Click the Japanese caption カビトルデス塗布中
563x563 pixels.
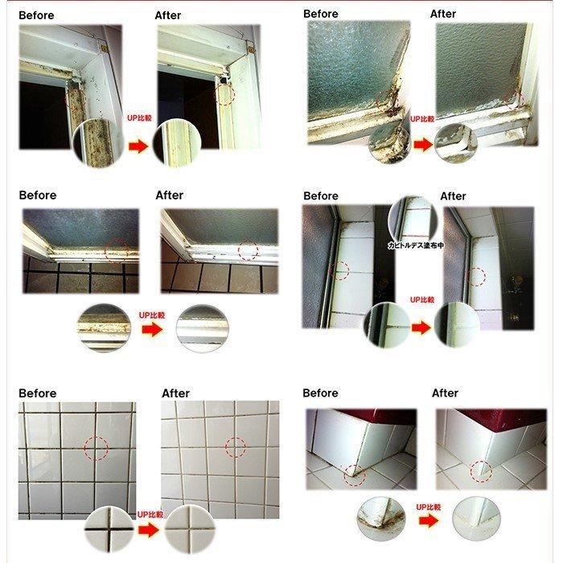[416, 245]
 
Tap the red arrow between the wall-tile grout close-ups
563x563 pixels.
[149, 529]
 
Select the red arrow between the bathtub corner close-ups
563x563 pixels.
[429, 520]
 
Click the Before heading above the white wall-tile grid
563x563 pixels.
[38, 393]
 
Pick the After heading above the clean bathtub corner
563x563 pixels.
[445, 392]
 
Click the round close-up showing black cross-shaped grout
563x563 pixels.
[109, 529]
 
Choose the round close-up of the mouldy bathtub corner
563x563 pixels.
[381, 519]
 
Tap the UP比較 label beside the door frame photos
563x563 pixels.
[140, 117]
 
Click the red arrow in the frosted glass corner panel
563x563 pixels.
[423, 145]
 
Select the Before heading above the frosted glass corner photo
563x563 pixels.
[321, 14]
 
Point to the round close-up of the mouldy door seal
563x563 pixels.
[97, 143]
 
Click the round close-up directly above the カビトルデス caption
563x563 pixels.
[412, 218]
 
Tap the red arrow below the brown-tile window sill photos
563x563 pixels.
[152, 329]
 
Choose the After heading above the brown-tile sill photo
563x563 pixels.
[170, 195]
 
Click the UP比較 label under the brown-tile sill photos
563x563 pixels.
[152, 315]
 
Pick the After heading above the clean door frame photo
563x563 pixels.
[168, 15]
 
